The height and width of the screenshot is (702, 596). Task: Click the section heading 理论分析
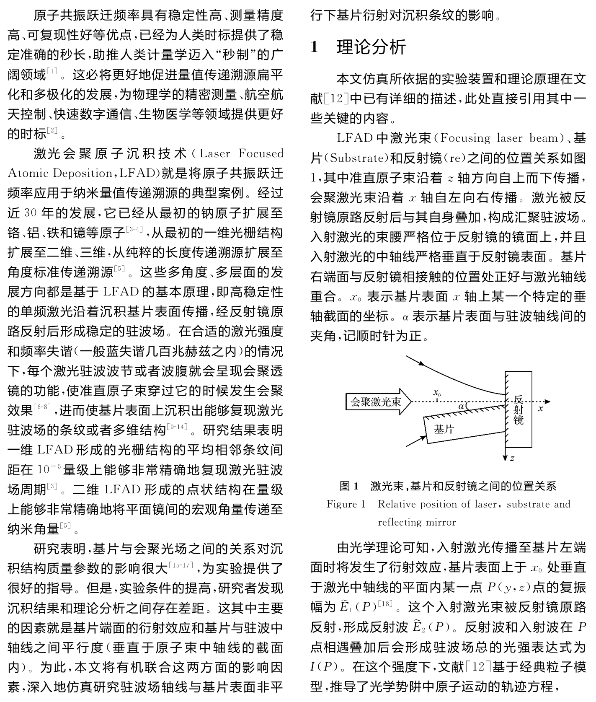pyautogui.click(x=371, y=47)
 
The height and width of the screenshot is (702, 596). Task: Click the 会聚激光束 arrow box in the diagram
pyautogui.click(x=376, y=402)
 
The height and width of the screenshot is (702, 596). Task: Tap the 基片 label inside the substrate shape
pyautogui.click(x=444, y=429)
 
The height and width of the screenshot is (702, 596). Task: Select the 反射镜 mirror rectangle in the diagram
pyautogui.click(x=519, y=409)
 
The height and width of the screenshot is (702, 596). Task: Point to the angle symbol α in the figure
pyautogui.click(x=461, y=406)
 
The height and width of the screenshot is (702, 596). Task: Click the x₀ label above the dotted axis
pyautogui.click(x=437, y=393)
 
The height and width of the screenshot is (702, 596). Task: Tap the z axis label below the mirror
pyautogui.click(x=512, y=458)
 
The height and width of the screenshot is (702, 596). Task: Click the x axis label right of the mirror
pyautogui.click(x=540, y=408)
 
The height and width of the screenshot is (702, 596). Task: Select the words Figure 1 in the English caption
pyautogui.click(x=346, y=504)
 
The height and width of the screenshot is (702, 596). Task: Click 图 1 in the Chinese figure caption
pyautogui.click(x=349, y=486)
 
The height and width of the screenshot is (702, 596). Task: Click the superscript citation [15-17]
pyautogui.click(x=181, y=565)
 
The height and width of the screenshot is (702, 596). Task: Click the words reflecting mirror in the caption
pyautogui.click(x=417, y=522)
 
